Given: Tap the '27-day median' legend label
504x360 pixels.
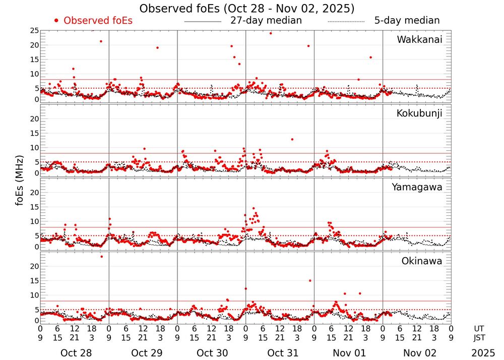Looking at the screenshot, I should [266, 21].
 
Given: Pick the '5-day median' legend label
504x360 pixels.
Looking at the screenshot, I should [407, 21].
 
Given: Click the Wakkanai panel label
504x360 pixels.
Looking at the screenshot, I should [419, 39].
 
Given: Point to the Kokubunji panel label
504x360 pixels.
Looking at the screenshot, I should [418, 113].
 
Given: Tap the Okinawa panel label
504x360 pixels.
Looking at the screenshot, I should [421, 261].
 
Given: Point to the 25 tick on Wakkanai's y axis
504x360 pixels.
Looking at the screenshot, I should [34, 31].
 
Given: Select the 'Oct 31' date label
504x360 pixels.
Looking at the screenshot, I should [280, 353].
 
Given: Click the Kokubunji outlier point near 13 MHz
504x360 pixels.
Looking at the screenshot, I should [292, 139].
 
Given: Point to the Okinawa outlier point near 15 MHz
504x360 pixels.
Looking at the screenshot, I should [309, 281].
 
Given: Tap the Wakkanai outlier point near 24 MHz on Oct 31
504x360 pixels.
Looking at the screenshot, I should [271, 33].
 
